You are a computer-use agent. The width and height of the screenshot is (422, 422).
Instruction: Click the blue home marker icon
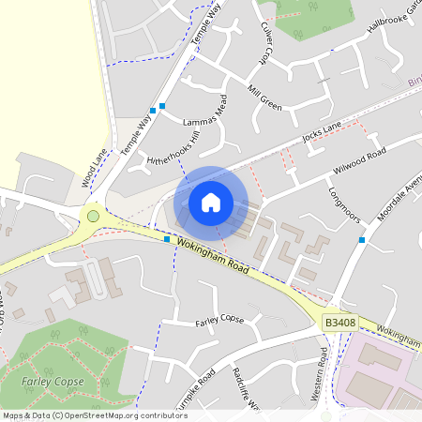pyautogui.click(x=211, y=202)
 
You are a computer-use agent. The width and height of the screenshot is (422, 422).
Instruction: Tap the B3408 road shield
pyautogui.click(x=340, y=323)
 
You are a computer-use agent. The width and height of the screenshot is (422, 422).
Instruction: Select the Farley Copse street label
pyautogui.click(x=219, y=321)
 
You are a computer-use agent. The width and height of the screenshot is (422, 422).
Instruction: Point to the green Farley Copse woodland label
pyautogui.click(x=53, y=382)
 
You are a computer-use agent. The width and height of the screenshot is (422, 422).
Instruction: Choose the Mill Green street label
pyautogui.click(x=264, y=98)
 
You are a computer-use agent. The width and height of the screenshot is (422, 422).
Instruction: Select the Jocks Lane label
pyautogui.click(x=322, y=133)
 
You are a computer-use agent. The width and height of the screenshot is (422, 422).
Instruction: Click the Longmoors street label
pyautogui.click(x=344, y=200)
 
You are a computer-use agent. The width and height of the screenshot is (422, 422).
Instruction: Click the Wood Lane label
pyautogui.click(x=95, y=166)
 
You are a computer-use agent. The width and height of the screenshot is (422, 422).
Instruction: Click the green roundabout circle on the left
pyautogui.click(x=93, y=217)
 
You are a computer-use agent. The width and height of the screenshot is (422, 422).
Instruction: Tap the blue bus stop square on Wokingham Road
pyautogui.click(x=167, y=239)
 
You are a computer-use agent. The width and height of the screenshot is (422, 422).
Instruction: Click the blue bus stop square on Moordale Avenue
pyautogui.click(x=361, y=240)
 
